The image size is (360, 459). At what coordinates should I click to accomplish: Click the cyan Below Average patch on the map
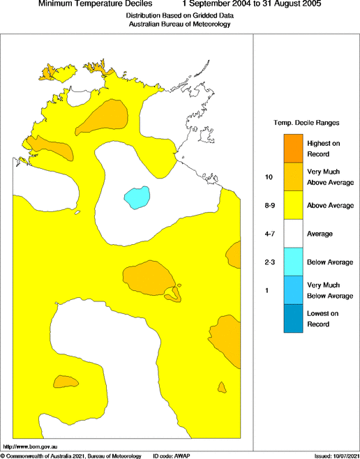coord(137,197)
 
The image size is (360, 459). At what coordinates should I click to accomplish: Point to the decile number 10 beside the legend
coord(268,177)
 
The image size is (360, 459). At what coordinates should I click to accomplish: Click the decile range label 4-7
coord(269,234)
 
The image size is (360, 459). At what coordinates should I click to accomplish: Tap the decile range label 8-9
coord(269,206)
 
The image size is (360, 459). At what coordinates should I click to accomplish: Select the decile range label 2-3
coord(269,262)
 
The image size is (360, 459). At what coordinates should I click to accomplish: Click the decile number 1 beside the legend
coord(267,290)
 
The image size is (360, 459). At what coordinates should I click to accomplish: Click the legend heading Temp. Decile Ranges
coord(306,123)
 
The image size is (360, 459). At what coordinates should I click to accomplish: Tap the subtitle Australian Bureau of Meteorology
coord(179,24)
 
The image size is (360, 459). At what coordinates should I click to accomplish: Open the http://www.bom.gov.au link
coord(29,446)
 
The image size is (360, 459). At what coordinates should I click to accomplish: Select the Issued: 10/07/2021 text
coord(336,455)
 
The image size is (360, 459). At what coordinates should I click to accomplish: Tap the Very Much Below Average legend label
coord(331,290)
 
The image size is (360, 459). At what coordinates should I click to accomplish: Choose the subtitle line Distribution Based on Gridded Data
coord(179,15)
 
